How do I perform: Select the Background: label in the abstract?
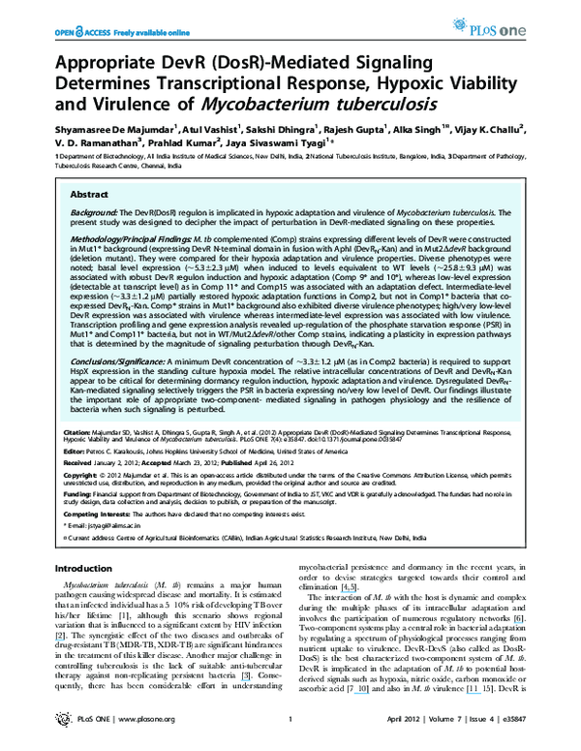click(x=93, y=210)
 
